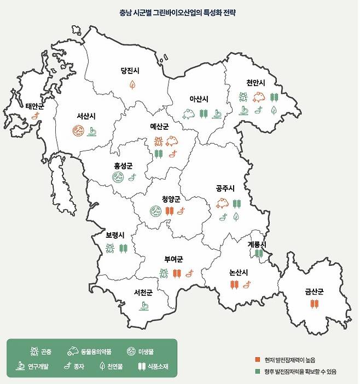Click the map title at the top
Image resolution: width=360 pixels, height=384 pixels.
(x=181, y=12)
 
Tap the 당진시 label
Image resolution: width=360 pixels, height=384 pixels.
(x=132, y=71)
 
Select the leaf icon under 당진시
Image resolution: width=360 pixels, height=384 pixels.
(x=132, y=84)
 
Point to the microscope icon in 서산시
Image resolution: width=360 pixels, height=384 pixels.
(x=93, y=131)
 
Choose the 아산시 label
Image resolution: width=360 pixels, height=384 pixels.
(x=199, y=99)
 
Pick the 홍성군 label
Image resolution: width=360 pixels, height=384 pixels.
(x=123, y=165)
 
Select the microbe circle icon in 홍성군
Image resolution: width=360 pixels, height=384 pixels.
(x=117, y=177)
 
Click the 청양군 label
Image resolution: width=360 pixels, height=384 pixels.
(x=171, y=199)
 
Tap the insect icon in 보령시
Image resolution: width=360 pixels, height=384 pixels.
(x=111, y=249)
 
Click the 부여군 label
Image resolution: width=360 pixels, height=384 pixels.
(x=173, y=260)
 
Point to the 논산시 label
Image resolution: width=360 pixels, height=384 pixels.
(x=239, y=272)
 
